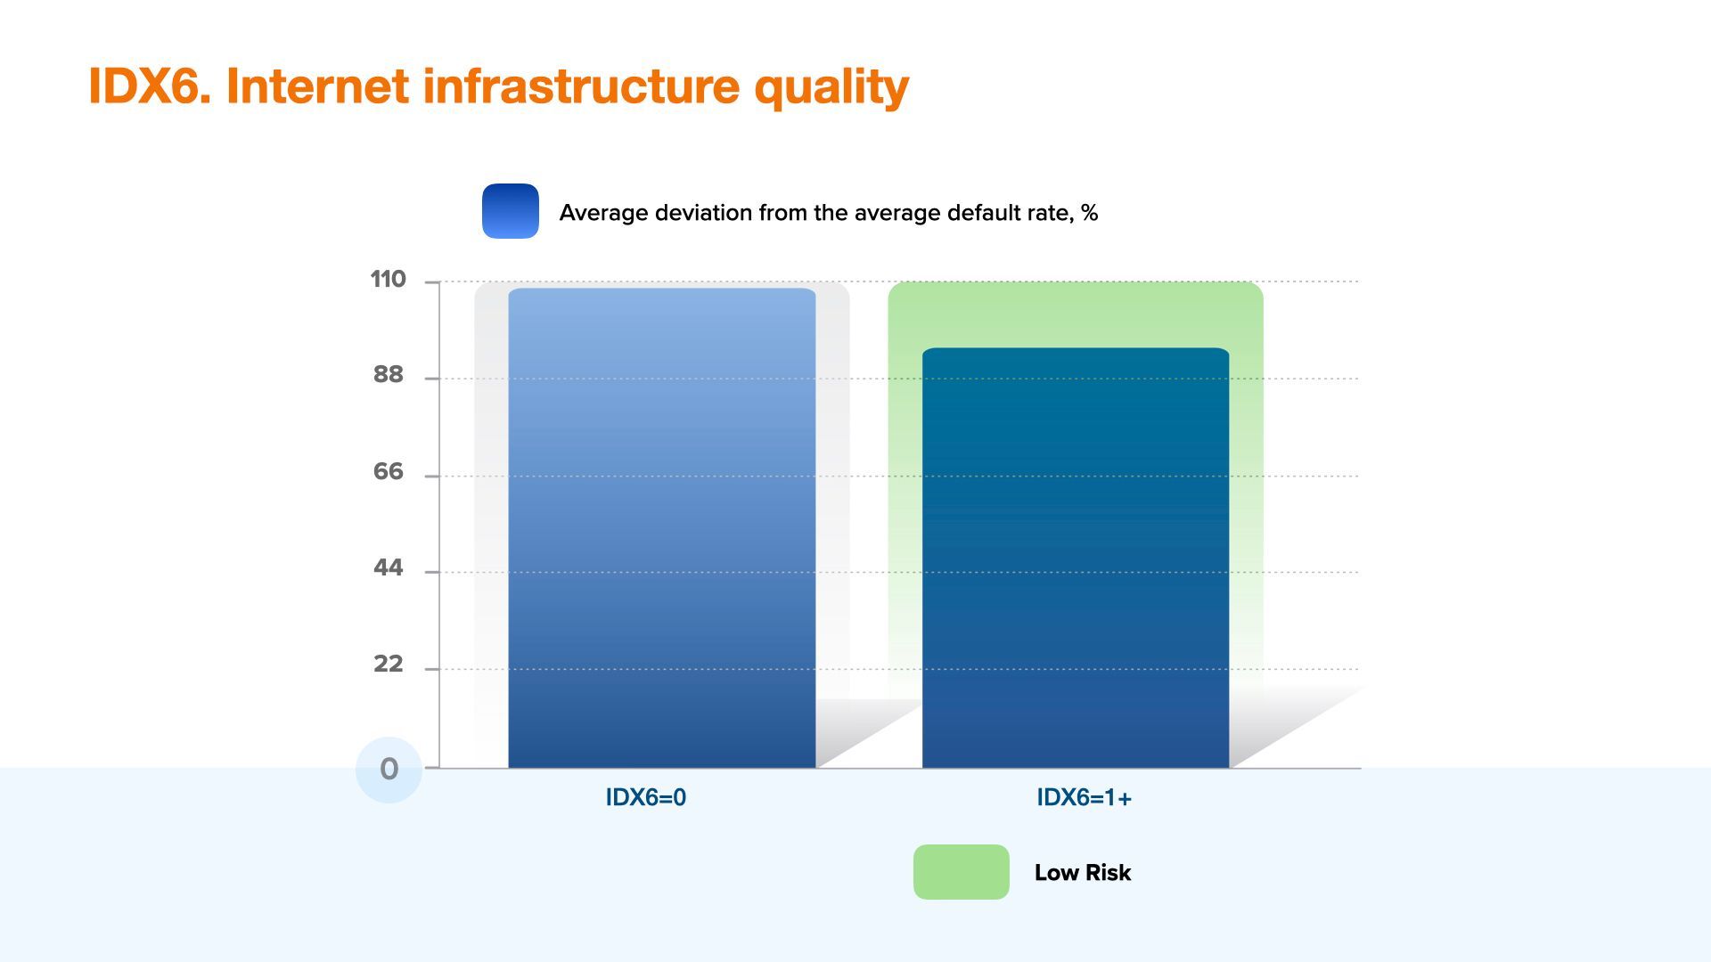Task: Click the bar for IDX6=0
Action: (x=662, y=527)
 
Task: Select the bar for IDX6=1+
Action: (x=1076, y=558)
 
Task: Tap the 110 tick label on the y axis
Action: (x=388, y=280)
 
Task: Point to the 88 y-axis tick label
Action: (x=388, y=375)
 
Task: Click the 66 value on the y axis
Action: (x=388, y=472)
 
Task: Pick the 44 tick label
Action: (x=388, y=568)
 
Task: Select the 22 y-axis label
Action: (x=388, y=664)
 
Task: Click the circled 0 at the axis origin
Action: (x=389, y=770)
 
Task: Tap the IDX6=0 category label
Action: (x=646, y=798)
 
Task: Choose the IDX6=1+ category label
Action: (x=1084, y=798)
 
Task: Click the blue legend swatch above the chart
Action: (x=511, y=211)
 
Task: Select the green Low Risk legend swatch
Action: (x=962, y=872)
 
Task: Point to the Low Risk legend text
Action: (x=1083, y=873)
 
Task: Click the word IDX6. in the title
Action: (x=150, y=86)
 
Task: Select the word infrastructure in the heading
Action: (x=581, y=86)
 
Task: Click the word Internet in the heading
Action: (x=317, y=86)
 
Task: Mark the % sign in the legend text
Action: (x=1089, y=213)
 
